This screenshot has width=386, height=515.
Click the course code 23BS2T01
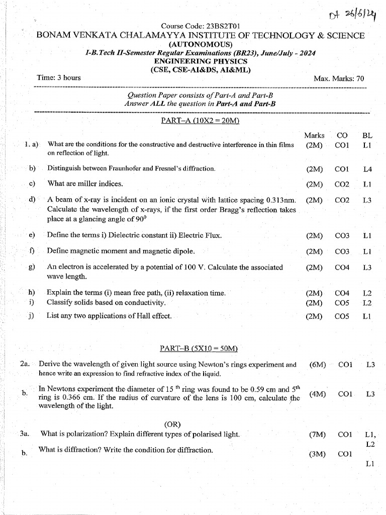point(201,26)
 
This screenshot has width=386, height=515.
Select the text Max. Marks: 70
point(339,78)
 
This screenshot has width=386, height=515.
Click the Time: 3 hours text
point(59,77)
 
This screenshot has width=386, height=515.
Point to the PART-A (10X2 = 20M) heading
point(200,121)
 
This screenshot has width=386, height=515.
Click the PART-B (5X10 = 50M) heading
point(199,349)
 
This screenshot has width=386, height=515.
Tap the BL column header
point(367,135)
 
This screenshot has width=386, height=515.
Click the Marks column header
point(314,135)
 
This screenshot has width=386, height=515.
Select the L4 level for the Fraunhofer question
point(367,169)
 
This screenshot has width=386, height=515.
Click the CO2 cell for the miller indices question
point(342,184)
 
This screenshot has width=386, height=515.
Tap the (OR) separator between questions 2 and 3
point(172,424)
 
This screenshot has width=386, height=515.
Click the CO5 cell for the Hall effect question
point(342,316)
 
